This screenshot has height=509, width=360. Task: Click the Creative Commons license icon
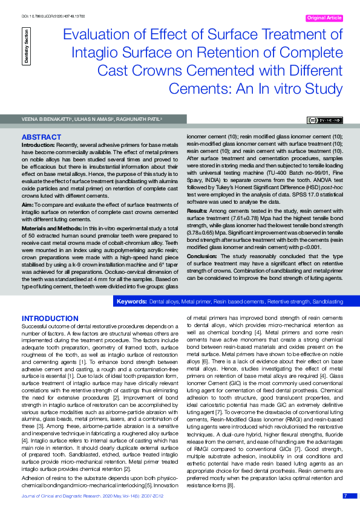tap(326, 121)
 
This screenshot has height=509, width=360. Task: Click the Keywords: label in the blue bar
tap(131, 301)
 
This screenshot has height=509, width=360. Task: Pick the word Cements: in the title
tap(195, 89)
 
